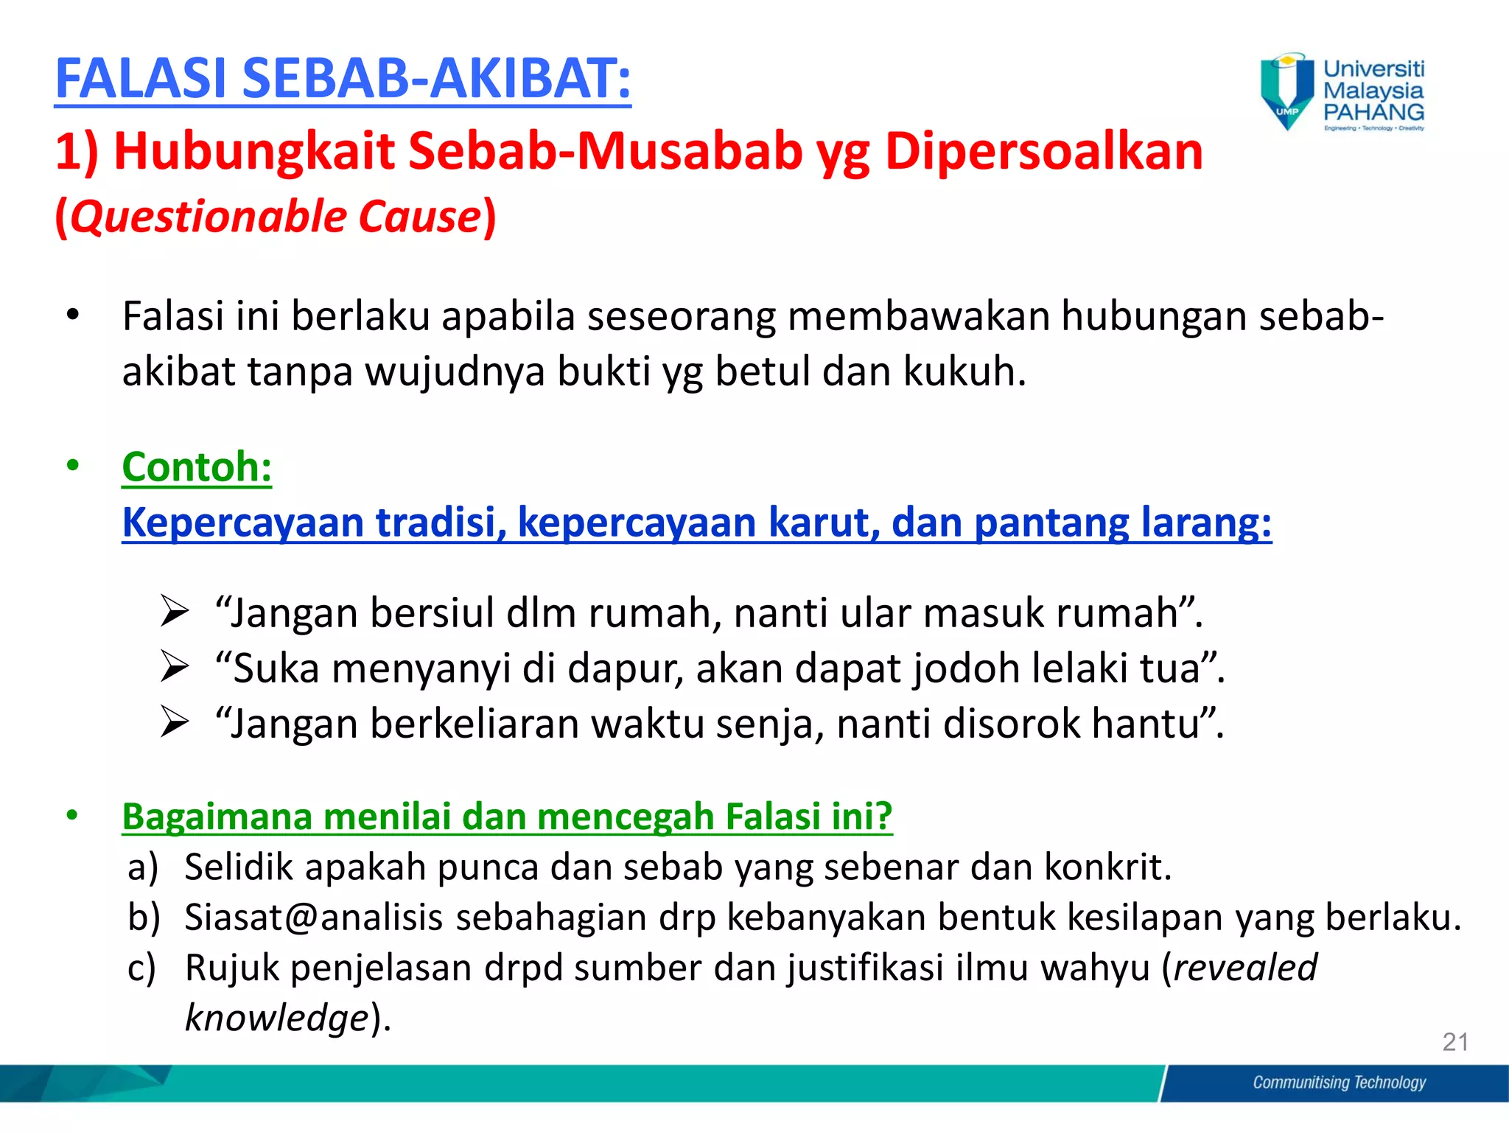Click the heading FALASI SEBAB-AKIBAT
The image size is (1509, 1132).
click(343, 79)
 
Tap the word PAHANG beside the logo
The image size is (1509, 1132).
click(1373, 112)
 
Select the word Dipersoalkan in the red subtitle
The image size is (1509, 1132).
click(1043, 151)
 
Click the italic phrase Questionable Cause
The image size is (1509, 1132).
click(276, 217)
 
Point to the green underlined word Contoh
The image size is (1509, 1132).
click(197, 467)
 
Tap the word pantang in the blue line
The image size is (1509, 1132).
click(1051, 523)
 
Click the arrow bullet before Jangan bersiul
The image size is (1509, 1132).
click(175, 612)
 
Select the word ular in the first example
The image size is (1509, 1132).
click(875, 613)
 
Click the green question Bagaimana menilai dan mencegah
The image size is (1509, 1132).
click(507, 817)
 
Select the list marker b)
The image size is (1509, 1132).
click(144, 918)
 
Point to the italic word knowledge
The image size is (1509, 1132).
click(276, 1018)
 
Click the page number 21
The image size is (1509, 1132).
click(1455, 1042)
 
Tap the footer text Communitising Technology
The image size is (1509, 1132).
click(1339, 1083)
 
